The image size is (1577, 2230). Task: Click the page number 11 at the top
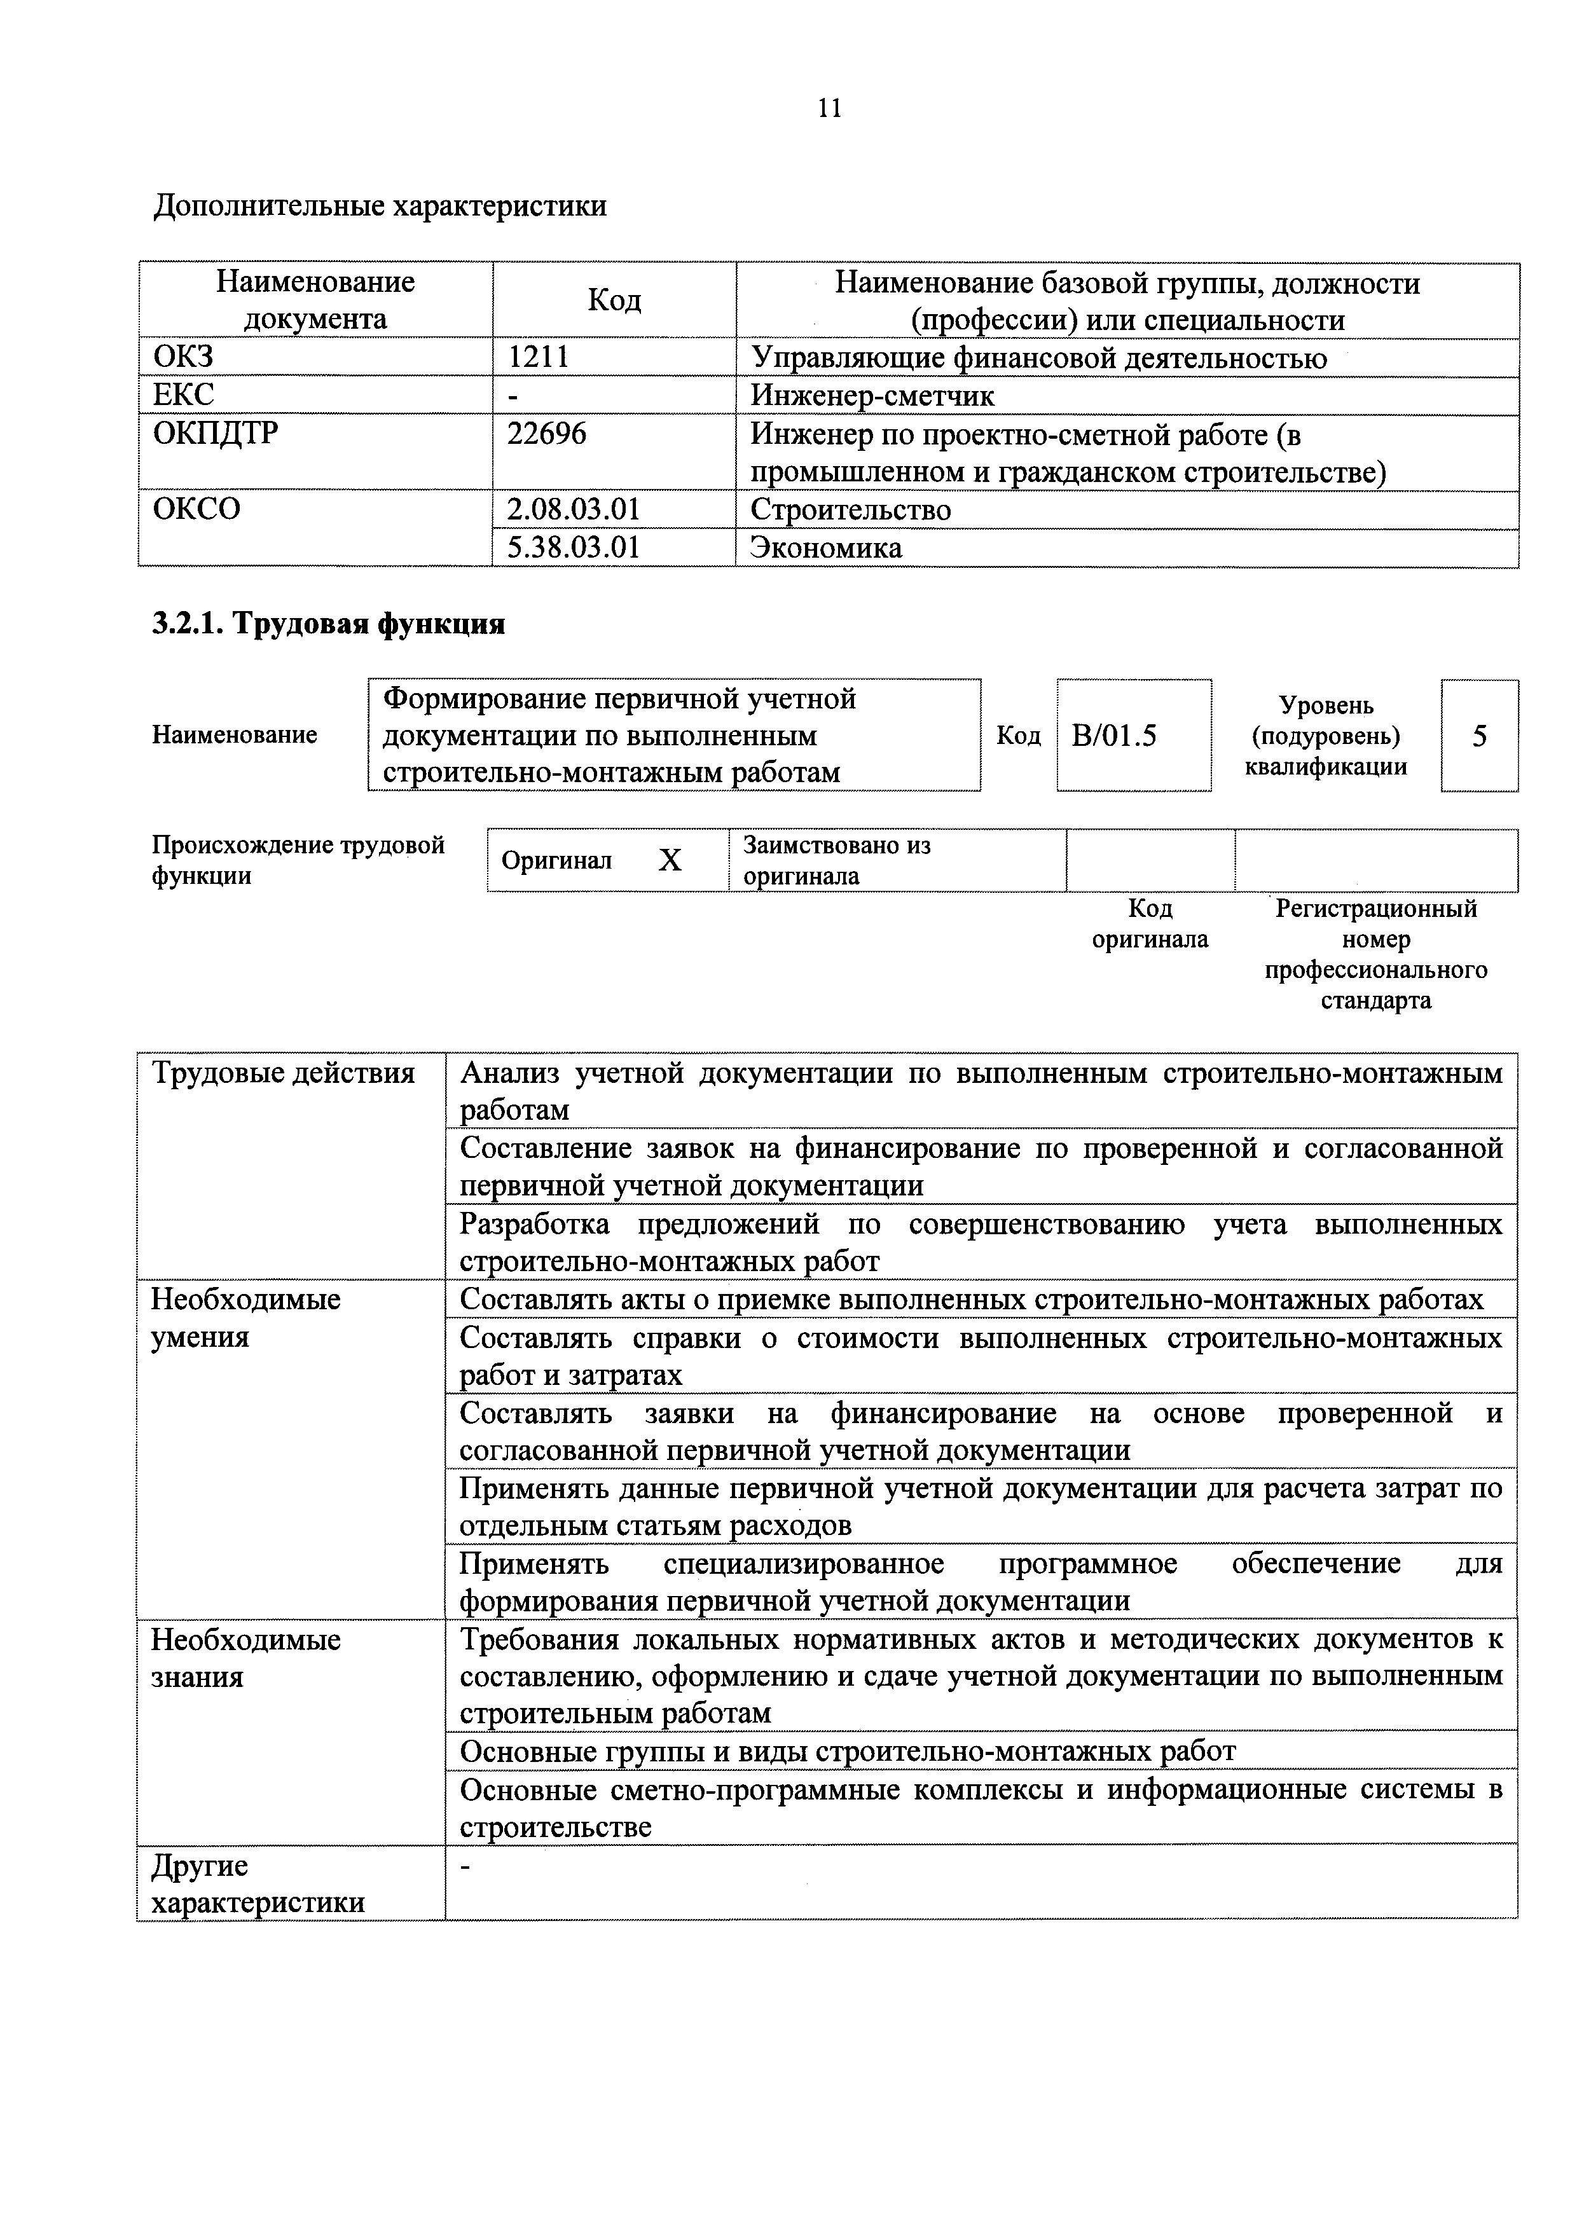click(x=829, y=108)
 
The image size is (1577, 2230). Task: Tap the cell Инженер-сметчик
click(x=872, y=396)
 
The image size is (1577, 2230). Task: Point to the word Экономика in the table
click(x=827, y=547)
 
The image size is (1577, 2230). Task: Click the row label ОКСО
click(x=197, y=509)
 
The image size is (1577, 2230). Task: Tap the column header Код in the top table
click(x=614, y=300)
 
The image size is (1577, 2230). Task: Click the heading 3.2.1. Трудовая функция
click(x=328, y=624)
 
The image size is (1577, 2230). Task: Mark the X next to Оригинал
click(x=670, y=860)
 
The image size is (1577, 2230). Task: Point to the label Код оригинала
click(x=1150, y=924)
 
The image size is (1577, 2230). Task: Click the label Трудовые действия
click(x=284, y=1074)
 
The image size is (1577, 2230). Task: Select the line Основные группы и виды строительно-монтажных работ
click(x=847, y=1751)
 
